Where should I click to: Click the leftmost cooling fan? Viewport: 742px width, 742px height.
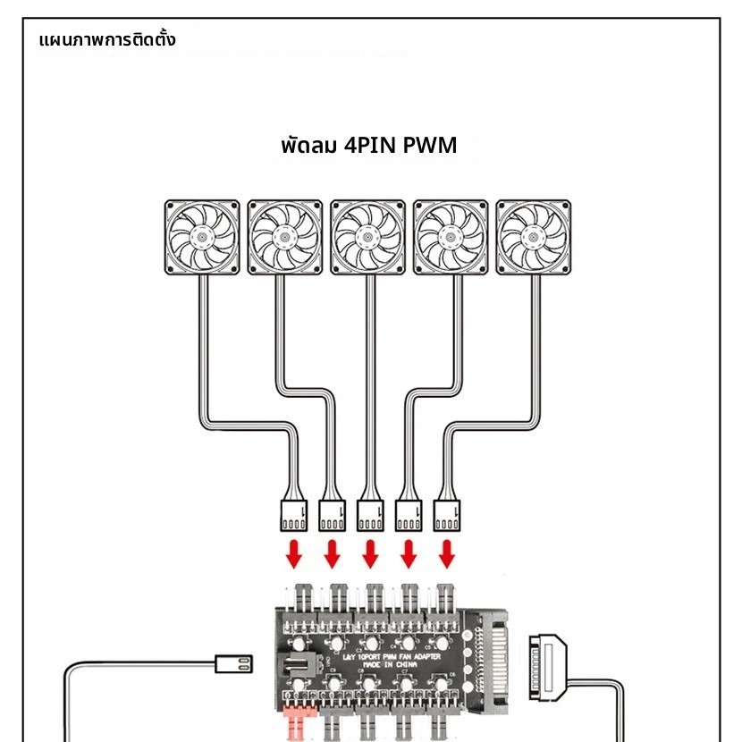point(202,238)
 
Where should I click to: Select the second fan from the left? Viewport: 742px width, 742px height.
point(285,238)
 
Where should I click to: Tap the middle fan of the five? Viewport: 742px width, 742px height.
point(368,238)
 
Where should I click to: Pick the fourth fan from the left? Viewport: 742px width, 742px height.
point(451,238)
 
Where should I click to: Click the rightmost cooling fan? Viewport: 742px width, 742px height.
point(534,238)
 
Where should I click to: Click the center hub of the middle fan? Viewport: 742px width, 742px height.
point(368,238)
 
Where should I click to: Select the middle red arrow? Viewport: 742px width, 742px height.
point(370,555)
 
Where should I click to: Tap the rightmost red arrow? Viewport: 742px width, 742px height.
point(447,555)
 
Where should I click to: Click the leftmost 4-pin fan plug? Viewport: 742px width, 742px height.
point(294,515)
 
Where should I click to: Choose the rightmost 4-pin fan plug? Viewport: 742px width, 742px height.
point(447,515)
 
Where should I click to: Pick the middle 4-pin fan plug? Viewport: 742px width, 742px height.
point(370,515)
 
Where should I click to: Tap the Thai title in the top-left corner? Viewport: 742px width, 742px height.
point(108,40)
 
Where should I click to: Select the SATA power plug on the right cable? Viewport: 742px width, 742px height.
point(548,668)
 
